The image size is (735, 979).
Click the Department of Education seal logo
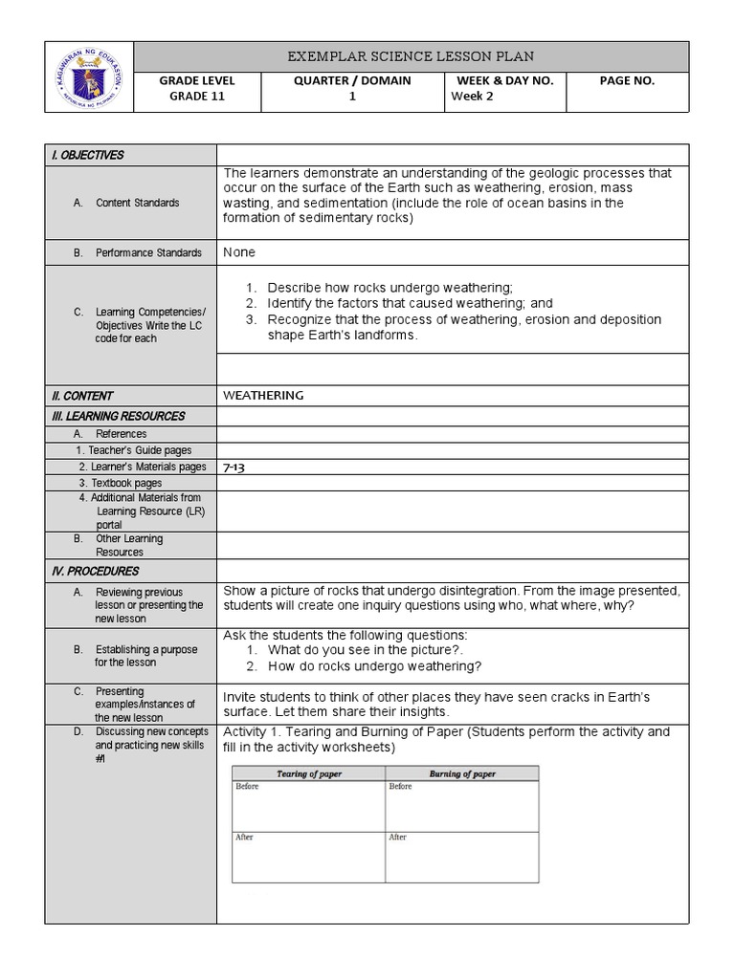click(89, 77)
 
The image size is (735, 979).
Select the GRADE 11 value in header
click(197, 97)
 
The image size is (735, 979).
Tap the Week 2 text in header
click(473, 97)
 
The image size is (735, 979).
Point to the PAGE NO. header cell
click(627, 81)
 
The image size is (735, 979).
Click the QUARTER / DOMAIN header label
click(352, 81)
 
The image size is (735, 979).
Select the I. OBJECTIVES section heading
click(87, 155)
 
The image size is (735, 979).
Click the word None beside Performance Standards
click(239, 252)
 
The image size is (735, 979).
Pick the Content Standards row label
click(137, 203)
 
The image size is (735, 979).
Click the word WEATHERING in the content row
click(263, 395)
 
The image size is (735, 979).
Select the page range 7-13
click(234, 468)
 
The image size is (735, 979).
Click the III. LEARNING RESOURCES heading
click(118, 416)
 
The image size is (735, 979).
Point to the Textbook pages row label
click(121, 484)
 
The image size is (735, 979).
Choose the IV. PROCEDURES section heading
click(95, 572)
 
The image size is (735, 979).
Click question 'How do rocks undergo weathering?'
click(374, 666)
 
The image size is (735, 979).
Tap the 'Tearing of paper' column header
click(309, 773)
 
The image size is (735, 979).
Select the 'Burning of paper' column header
click(462, 773)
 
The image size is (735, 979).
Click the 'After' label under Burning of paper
click(398, 837)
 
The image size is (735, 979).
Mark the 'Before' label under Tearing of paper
click(247, 787)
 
